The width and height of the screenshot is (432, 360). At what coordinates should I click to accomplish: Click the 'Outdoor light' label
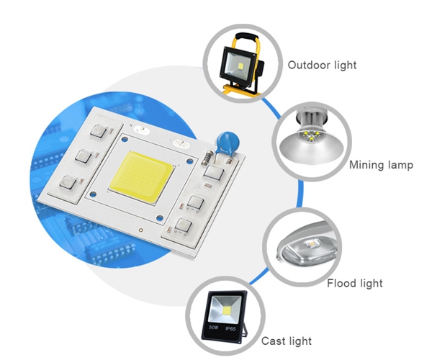click(322, 66)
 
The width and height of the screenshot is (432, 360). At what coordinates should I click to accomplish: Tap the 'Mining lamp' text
click(381, 165)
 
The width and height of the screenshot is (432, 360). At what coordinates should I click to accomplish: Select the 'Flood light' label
click(354, 283)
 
